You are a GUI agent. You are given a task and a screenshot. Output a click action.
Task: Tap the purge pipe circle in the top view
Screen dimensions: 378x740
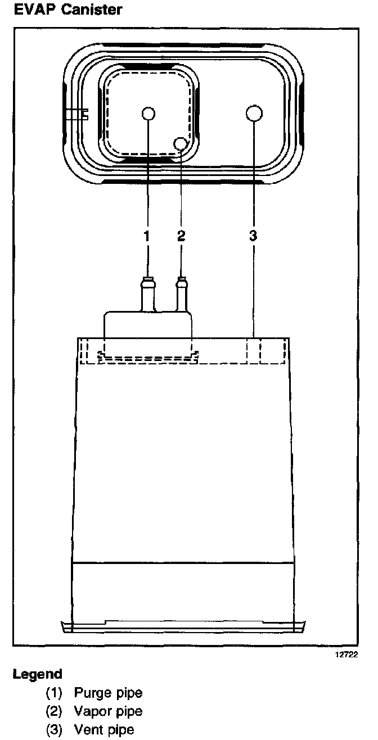(148, 114)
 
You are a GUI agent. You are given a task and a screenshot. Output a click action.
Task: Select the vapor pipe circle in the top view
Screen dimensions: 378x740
(181, 143)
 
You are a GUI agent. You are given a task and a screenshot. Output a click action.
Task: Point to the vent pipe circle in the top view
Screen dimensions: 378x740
(254, 113)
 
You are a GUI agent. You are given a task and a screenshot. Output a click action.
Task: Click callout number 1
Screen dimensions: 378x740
(147, 236)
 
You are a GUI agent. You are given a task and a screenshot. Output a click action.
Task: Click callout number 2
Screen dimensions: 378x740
(181, 236)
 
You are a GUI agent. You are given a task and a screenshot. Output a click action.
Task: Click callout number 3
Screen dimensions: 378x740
(253, 236)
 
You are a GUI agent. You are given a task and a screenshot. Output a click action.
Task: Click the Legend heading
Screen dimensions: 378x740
(38, 674)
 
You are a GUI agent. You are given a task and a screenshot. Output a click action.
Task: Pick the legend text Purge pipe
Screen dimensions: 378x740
(108, 693)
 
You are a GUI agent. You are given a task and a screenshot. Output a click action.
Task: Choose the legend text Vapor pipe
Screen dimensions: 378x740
(108, 711)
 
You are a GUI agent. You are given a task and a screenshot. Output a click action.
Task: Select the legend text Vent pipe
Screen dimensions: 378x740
(104, 730)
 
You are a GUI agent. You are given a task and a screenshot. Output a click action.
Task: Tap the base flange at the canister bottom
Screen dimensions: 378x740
(183, 625)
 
